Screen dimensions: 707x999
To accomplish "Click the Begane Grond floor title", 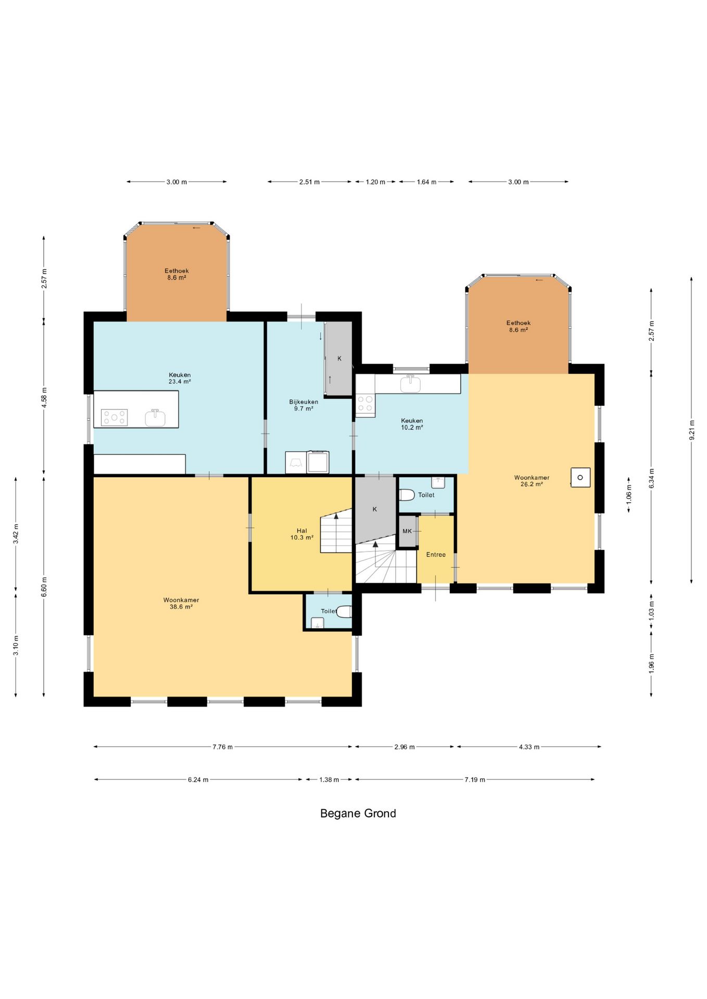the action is (x=358, y=813).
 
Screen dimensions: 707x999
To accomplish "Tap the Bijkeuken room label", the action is (x=304, y=402).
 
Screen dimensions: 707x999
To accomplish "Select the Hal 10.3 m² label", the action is (x=302, y=534).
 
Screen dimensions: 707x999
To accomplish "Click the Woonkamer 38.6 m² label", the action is (x=181, y=604).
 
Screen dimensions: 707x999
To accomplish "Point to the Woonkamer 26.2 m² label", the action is (x=532, y=481).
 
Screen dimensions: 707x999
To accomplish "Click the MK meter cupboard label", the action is (x=407, y=531).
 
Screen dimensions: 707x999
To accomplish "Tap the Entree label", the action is (x=436, y=555).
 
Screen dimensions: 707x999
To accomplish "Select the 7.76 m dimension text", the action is (x=222, y=747).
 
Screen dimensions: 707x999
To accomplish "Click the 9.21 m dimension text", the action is (x=692, y=430).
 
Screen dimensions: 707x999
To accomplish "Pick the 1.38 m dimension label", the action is (x=329, y=779).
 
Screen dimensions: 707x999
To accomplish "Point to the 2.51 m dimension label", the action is (x=309, y=182).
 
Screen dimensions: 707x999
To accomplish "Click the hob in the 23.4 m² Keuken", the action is (x=114, y=417).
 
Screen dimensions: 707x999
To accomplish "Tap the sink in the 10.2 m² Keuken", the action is (x=410, y=384).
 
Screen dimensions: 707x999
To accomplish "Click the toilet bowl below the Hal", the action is (x=344, y=611).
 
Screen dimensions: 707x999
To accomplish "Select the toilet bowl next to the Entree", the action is (x=406, y=494).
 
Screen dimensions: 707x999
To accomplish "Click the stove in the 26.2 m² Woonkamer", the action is (x=580, y=477).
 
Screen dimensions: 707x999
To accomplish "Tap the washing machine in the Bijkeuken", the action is (x=318, y=462).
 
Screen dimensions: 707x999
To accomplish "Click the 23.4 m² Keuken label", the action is (x=180, y=378).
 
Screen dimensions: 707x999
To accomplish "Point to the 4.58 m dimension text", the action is (x=44, y=398).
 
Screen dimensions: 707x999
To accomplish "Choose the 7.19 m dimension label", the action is (x=475, y=779).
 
